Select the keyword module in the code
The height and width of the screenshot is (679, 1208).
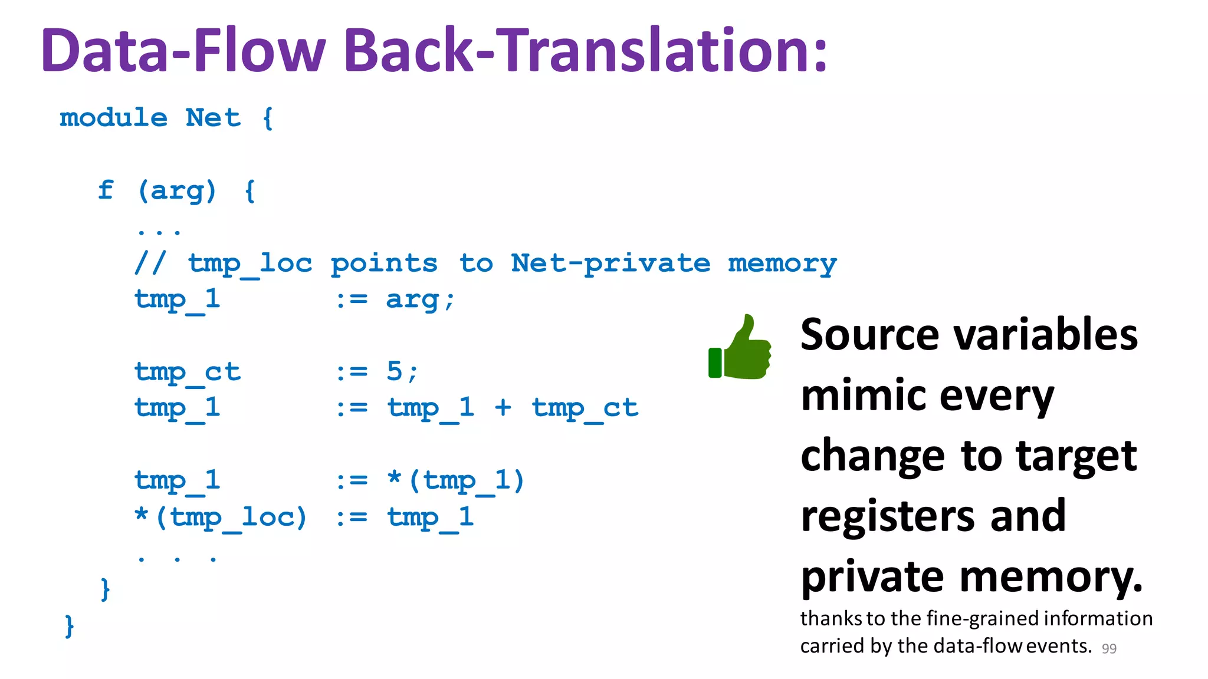113,118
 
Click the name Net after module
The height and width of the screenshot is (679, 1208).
213,118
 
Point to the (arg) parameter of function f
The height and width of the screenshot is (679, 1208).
177,191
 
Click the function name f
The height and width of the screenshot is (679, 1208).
106,190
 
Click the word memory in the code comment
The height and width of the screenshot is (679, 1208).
782,263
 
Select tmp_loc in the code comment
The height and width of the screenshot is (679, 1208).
250,263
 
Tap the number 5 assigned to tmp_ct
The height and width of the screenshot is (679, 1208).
394,371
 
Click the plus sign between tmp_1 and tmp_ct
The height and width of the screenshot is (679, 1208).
503,407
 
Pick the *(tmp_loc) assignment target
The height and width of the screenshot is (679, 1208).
221,517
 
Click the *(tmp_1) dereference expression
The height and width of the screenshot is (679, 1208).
456,480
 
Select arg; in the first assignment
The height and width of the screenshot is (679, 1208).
420,299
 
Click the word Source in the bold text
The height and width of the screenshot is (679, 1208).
869,334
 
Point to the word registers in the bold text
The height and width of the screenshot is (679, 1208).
888,516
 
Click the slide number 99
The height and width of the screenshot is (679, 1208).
1109,648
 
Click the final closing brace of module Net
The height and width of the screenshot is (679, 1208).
69,625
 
